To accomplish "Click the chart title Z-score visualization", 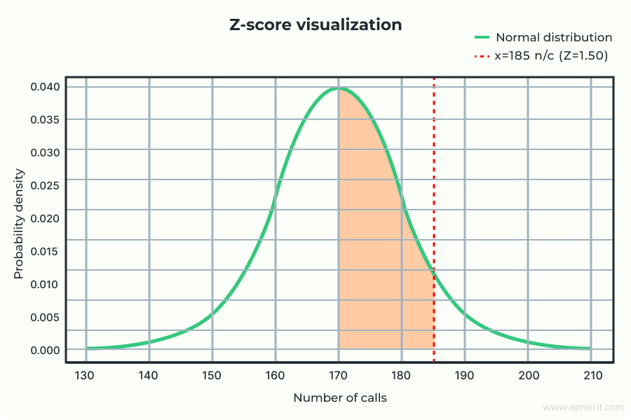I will (315, 25).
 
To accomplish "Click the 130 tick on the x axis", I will (86, 375).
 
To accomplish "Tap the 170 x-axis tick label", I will (339, 375).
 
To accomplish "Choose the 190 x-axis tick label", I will (465, 375).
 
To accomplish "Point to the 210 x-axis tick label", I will (591, 375).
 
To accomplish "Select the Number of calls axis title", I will (339, 398).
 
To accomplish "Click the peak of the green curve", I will (339, 88).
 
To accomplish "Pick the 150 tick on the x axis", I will (212, 375).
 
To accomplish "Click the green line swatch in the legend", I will (481, 37).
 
